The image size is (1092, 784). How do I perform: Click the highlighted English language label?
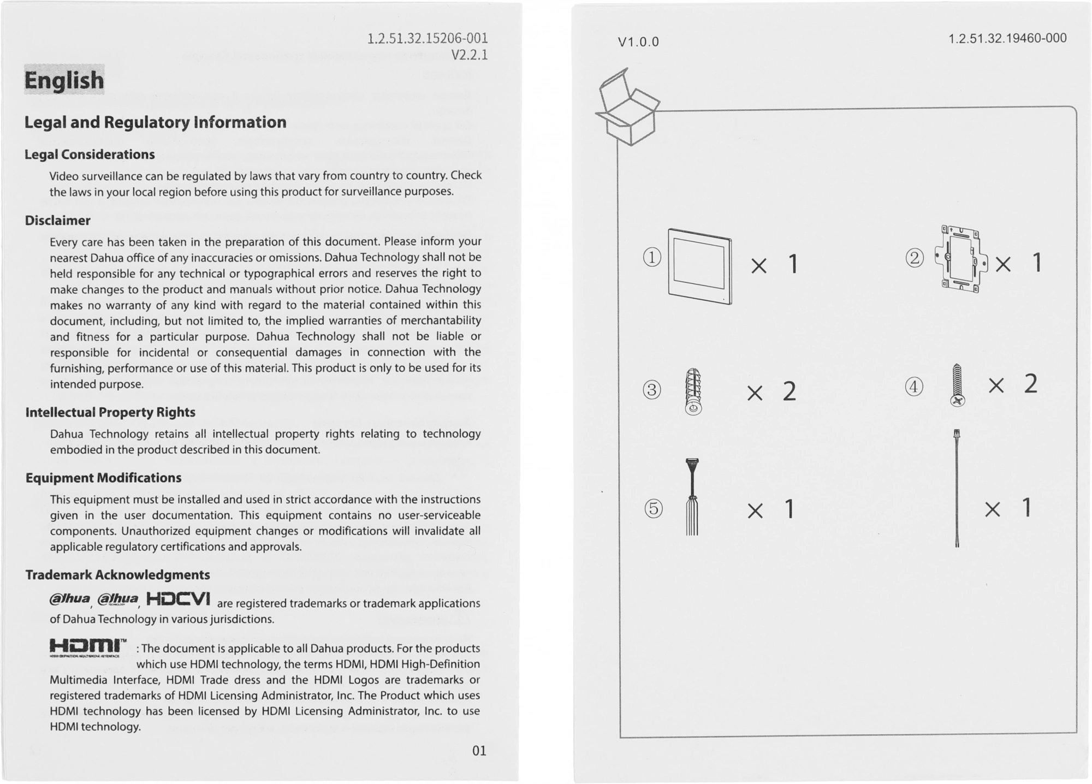pos(64,80)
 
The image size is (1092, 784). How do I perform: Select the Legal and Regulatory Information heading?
pos(155,122)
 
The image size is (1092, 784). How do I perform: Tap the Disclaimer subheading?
pos(57,221)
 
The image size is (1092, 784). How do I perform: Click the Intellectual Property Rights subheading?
pos(110,412)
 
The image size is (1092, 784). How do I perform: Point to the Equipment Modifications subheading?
pos(103,478)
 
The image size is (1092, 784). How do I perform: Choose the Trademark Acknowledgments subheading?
pos(117,575)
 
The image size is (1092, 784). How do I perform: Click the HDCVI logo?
pos(178,599)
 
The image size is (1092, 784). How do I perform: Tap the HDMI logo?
pos(87,647)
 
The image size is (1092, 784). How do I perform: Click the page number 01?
pos(479,751)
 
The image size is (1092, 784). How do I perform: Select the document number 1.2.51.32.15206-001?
pos(427,38)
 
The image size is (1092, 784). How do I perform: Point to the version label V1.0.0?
pos(638,42)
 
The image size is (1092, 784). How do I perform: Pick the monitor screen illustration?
pos(699,266)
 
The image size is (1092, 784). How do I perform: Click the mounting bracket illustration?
pos(960,259)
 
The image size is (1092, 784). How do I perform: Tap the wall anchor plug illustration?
pos(693,391)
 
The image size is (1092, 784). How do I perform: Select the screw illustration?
pos(957,386)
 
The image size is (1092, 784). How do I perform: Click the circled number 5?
pos(654,509)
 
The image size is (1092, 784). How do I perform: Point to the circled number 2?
pos(915,258)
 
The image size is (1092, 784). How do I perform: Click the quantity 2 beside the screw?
pos(1030,384)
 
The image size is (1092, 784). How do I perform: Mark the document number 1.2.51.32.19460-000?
pos(1007,38)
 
